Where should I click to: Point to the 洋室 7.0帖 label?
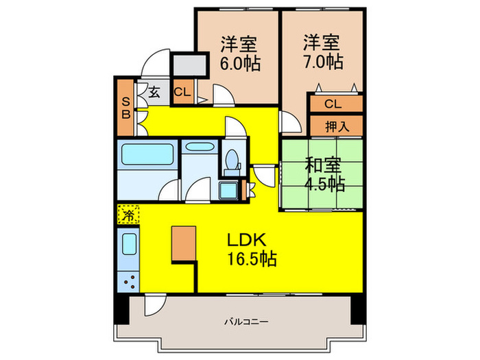[322, 52]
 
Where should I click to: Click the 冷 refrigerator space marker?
[128, 215]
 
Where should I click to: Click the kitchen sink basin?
[128, 245]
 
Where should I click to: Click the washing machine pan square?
[228, 190]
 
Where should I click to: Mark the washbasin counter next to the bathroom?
[200, 147]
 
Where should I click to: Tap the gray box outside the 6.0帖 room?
[189, 66]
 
